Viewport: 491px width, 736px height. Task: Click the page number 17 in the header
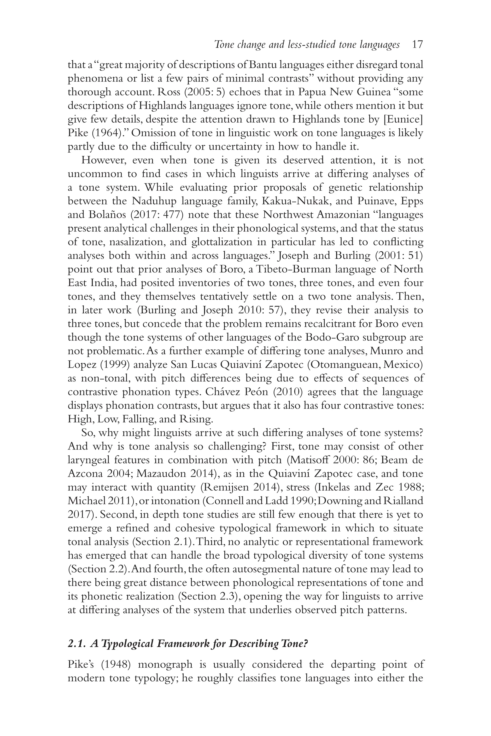tap(417, 45)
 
